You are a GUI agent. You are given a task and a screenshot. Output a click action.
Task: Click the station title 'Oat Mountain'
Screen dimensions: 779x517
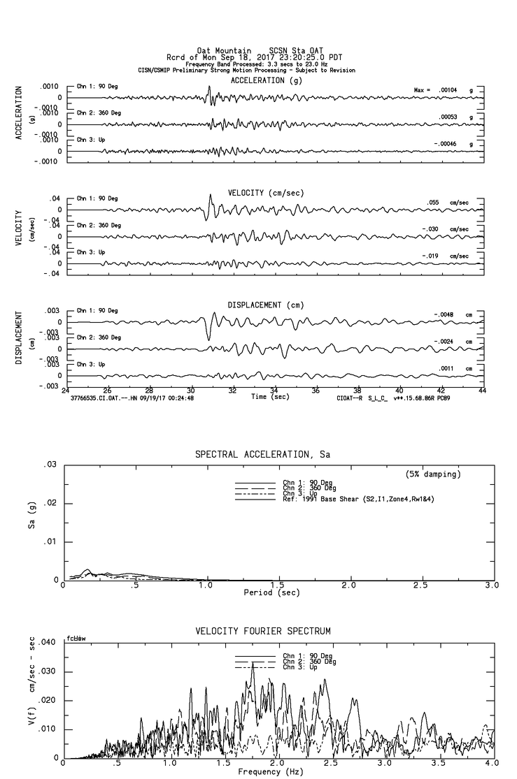pyautogui.click(x=223, y=50)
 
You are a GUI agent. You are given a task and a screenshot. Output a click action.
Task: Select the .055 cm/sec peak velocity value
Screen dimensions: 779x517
pyautogui.click(x=434, y=203)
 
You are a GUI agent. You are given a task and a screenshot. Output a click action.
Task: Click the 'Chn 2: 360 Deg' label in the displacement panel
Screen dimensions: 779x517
pyautogui.click(x=99, y=337)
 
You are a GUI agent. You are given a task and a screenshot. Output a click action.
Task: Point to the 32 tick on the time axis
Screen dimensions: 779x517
pyautogui.click(x=232, y=391)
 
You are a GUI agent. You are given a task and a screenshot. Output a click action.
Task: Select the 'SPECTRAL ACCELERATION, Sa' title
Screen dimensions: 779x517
pyautogui.click(x=262, y=455)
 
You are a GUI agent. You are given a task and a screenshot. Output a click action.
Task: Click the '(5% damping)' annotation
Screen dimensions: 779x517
pyautogui.click(x=433, y=474)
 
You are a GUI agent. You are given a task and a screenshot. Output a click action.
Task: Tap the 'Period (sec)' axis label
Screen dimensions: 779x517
pyautogui.click(x=272, y=592)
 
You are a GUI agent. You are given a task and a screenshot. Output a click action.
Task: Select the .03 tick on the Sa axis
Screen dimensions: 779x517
pyautogui.click(x=50, y=465)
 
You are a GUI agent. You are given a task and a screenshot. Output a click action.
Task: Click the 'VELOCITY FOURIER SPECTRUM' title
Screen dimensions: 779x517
pyautogui.click(x=262, y=631)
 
